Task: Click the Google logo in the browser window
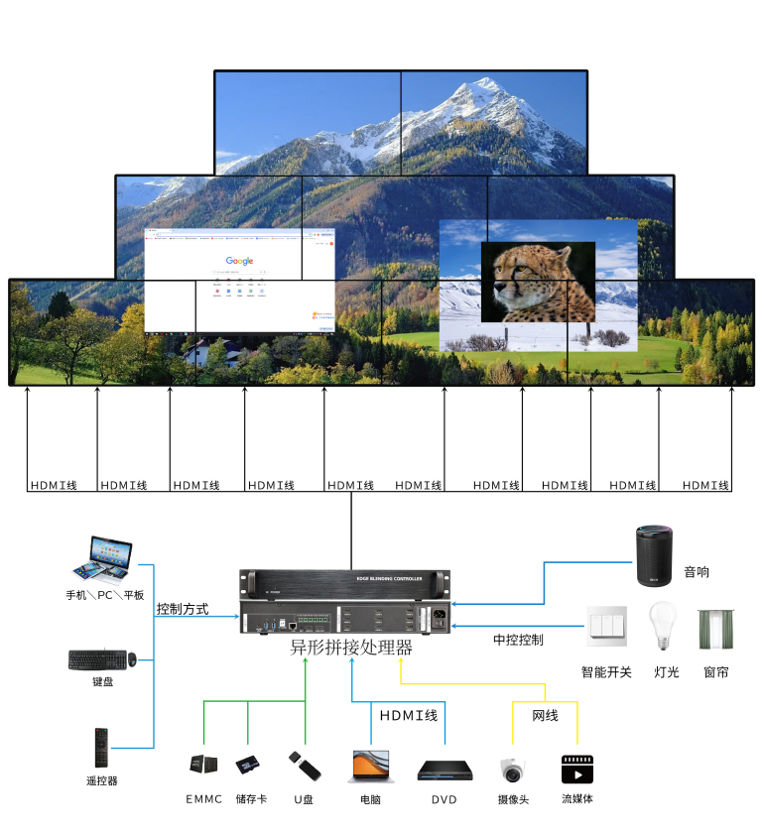tap(239, 262)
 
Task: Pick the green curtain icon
tap(714, 630)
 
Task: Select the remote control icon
tap(101, 748)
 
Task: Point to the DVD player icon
tap(443, 770)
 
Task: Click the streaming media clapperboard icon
tap(577, 770)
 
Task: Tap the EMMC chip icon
tap(203, 765)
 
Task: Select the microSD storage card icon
tap(248, 766)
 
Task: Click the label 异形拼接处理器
tap(350, 649)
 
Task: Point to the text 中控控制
tap(518, 640)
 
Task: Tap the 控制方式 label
tap(183, 609)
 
